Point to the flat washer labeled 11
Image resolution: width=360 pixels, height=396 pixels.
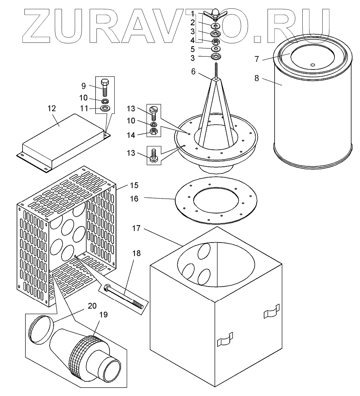tap(105, 109)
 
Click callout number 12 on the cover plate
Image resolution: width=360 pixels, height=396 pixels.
tap(51, 108)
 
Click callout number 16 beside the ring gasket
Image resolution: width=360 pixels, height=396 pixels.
tap(134, 199)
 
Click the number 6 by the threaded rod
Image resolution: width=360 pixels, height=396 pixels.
tap(193, 72)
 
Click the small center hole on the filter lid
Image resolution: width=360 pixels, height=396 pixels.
tap(312, 65)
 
